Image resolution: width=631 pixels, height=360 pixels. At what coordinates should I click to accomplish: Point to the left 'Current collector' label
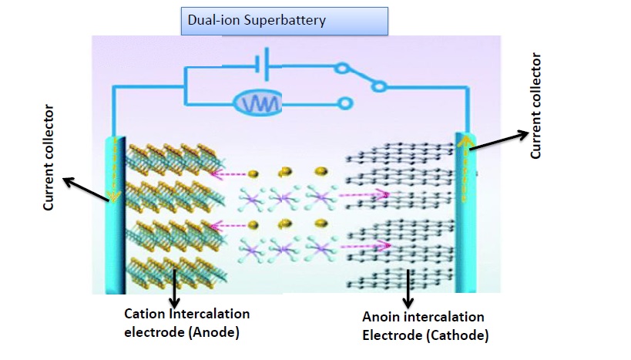click(49, 159)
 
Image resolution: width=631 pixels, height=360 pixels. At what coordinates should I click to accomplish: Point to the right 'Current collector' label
click(536, 106)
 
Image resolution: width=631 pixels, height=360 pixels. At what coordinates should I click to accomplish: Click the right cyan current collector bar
click(464, 212)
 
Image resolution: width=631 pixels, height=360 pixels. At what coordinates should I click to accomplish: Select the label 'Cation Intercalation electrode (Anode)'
click(188, 322)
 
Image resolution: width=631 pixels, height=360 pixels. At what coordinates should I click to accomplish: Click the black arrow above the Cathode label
click(408, 288)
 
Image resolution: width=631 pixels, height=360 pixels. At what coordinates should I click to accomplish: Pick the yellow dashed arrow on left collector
click(113, 173)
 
